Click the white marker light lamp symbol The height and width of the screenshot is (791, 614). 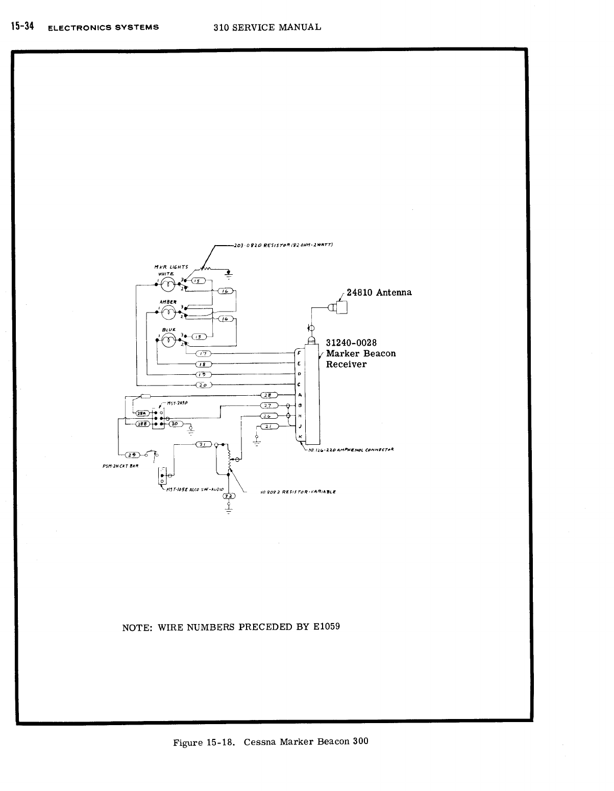coord(166,283)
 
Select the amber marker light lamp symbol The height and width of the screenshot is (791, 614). coord(167,312)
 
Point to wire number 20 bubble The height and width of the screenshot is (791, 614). coord(203,385)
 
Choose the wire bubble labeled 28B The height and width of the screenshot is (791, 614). coord(141,424)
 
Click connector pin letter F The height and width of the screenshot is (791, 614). coord(299,352)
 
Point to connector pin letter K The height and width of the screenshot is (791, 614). coord(300,436)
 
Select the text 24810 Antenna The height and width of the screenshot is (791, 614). coord(379,293)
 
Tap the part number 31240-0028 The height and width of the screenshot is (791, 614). coord(351,343)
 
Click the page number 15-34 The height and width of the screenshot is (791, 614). coord(22,27)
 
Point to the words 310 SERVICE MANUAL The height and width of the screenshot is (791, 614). coord(267,27)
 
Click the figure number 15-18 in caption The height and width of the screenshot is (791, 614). coord(221,742)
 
